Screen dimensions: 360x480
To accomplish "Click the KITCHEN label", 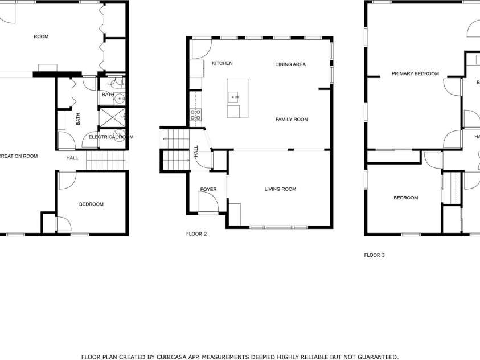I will (x=222, y=63).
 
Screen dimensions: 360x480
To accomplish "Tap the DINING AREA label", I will (x=290, y=64).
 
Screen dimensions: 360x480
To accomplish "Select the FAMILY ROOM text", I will (x=292, y=120).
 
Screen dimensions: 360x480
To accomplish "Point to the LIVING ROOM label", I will (x=280, y=189).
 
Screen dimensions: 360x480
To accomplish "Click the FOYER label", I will (x=208, y=189).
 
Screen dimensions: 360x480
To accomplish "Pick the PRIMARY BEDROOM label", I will (x=415, y=73).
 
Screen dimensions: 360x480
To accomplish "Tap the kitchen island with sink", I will (x=237, y=98).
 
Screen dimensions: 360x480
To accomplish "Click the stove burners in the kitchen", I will (x=195, y=114).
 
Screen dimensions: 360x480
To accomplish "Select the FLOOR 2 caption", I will (x=196, y=234).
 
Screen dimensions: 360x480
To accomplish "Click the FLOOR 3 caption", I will (x=374, y=255).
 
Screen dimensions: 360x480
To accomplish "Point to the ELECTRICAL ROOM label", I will (x=111, y=137).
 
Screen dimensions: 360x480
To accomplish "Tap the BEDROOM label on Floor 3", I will (x=405, y=198).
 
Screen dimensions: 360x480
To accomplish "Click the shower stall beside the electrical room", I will (x=113, y=117).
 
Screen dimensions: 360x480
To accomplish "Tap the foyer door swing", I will (x=206, y=202).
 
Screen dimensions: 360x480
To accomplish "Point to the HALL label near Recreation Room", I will (x=72, y=158).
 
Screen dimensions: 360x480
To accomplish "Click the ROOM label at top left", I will (x=41, y=36).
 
